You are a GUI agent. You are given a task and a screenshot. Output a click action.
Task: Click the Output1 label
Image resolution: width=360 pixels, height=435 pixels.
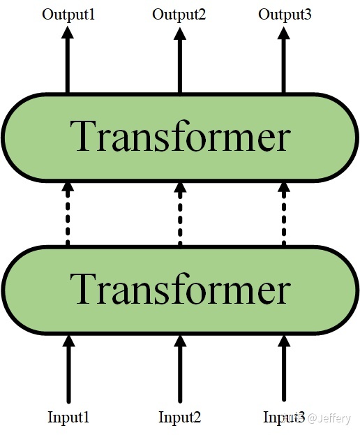coord(68,15)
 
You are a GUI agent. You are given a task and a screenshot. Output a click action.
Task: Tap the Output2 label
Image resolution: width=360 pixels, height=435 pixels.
coord(179,15)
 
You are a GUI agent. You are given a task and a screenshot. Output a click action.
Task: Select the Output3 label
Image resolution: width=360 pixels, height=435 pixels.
coord(285,15)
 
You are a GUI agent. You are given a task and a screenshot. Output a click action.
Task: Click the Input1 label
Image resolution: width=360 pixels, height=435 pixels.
coord(68,418)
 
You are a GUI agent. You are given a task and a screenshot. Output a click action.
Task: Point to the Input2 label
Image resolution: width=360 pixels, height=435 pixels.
coord(179,418)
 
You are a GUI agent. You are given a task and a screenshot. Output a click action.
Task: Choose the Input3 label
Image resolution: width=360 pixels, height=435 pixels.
coord(283,418)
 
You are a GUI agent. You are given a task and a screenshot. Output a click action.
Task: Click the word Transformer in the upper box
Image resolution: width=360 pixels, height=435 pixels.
coord(180,136)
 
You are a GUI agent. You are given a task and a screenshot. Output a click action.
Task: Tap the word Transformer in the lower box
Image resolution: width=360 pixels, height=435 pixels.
coord(180,288)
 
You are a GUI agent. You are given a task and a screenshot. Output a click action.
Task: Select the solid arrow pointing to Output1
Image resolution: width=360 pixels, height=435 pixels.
coord(68,59)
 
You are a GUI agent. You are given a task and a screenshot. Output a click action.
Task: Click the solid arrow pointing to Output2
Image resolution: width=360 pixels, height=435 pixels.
coord(180,59)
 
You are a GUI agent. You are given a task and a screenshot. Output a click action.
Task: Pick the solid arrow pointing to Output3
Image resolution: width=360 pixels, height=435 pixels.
coord(283,59)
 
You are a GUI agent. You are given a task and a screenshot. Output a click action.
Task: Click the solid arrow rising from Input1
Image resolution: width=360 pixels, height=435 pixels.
coord(68,369)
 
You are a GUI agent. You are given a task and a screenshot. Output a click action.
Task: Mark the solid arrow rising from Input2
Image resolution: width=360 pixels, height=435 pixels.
coord(180,369)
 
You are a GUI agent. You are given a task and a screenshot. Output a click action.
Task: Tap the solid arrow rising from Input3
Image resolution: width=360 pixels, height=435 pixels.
coord(284,369)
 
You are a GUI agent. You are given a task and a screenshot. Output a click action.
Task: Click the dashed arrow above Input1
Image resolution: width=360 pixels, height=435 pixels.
coord(68,214)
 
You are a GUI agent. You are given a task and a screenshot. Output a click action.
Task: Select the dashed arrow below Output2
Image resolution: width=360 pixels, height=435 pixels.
coord(180,214)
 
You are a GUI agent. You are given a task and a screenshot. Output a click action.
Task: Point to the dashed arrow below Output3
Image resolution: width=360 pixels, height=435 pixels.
coord(284,214)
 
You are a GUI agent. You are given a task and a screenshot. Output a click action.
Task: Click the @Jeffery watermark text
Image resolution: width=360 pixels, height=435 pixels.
coord(329,418)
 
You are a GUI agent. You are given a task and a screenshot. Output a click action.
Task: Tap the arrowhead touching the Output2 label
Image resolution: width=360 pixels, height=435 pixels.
coord(180,33)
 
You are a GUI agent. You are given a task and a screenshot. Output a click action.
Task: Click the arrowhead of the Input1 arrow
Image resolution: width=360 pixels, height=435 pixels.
coord(68,341)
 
